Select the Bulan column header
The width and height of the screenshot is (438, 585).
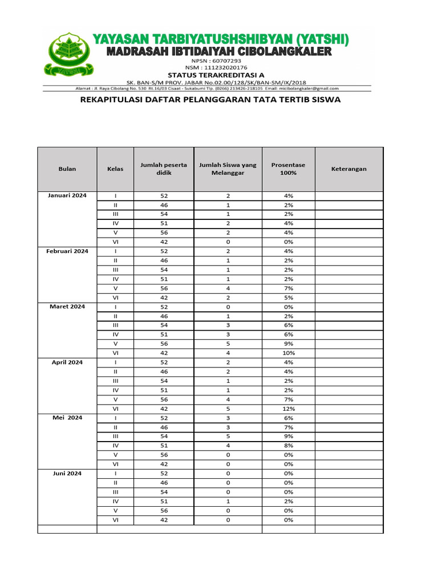click(x=67, y=169)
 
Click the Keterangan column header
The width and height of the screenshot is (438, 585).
click(x=348, y=169)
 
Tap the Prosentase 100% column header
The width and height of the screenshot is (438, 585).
click(x=288, y=169)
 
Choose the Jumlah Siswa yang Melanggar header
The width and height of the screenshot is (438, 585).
click(x=228, y=169)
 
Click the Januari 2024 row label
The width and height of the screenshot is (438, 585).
click(x=67, y=195)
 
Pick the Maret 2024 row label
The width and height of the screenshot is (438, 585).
click(x=67, y=307)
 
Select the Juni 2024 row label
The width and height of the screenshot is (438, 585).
click(x=67, y=474)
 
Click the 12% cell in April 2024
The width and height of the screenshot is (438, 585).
click(x=288, y=408)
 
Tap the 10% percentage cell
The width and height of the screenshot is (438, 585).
click(x=288, y=353)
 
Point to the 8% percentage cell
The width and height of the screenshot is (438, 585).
click(x=288, y=446)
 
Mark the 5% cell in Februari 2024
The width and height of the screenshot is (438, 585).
click(x=288, y=297)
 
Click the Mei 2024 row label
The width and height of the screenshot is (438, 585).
click(x=67, y=418)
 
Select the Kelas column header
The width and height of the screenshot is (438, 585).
click(x=115, y=169)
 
